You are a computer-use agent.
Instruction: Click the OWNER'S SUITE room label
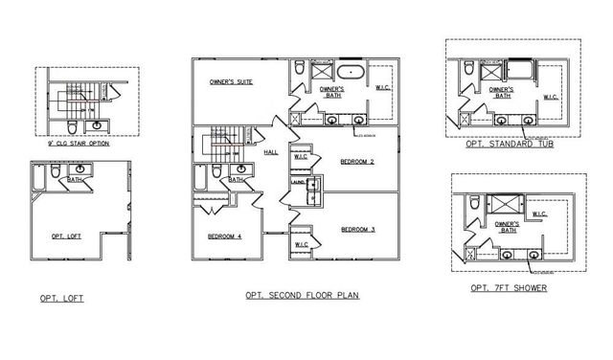[x=231, y=83]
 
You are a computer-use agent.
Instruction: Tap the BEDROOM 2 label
[x=356, y=162]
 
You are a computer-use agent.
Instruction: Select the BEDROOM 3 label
[x=357, y=229]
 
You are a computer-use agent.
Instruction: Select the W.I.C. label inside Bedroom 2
[x=300, y=156]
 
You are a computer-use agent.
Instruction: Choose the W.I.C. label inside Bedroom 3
[x=301, y=243]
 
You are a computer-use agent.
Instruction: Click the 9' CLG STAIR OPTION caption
[x=72, y=143]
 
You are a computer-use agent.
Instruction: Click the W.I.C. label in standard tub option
[x=551, y=97]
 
